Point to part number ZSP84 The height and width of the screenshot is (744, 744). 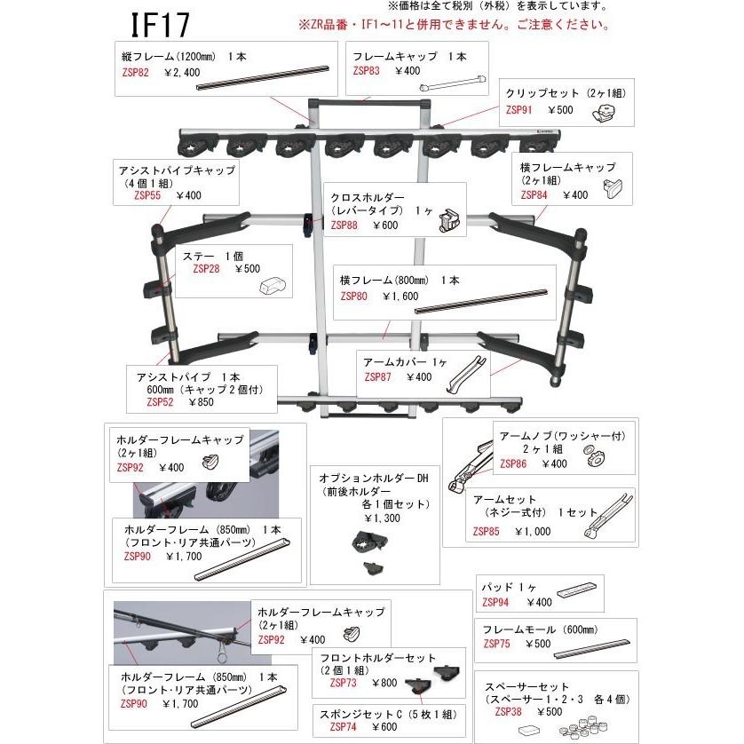click(535, 194)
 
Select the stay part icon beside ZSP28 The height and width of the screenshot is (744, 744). click(271, 285)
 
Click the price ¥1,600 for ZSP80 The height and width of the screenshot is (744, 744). click(400, 296)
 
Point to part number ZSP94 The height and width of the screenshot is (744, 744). click(496, 601)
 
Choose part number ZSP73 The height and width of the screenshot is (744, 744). click(344, 683)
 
